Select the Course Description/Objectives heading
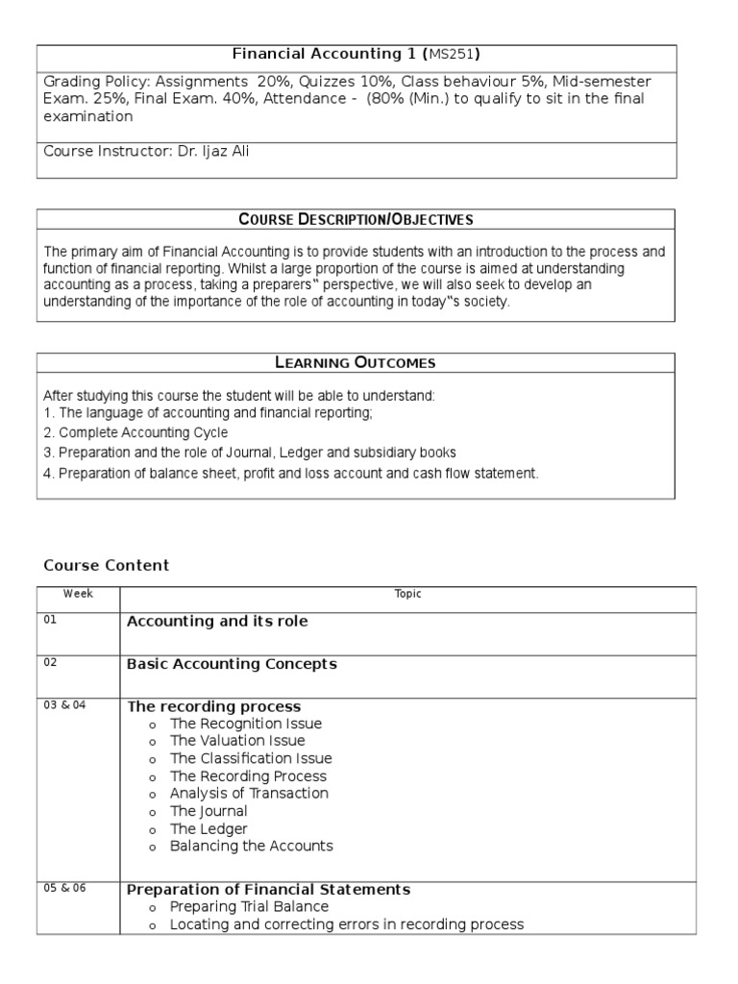click(356, 220)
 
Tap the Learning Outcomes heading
click(356, 362)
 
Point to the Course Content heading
click(107, 565)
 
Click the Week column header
click(78, 594)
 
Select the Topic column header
click(407, 594)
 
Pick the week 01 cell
click(51, 620)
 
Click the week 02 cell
click(51, 662)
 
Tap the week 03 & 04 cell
click(64, 705)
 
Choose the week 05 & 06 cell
click(64, 888)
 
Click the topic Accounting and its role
click(217, 622)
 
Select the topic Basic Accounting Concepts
click(232, 664)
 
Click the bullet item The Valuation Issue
click(237, 741)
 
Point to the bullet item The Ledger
click(209, 828)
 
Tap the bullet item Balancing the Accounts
click(251, 846)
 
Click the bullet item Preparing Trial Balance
click(249, 906)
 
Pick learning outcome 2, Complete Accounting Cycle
click(135, 432)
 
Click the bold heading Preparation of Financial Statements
click(269, 889)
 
